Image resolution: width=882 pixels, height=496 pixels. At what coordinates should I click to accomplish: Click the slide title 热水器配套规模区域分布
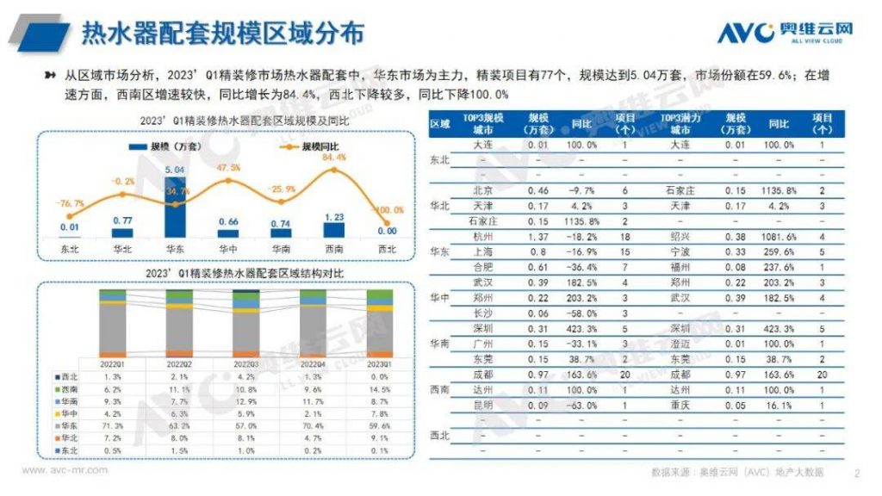pos(222,33)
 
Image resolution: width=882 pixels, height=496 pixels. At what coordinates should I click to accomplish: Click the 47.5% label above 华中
pos(228,168)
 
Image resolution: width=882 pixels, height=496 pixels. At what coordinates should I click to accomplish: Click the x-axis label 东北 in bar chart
pos(70,250)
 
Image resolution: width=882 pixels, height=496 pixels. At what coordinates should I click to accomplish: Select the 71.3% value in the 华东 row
pos(113,425)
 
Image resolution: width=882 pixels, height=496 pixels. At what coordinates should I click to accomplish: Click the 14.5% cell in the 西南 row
pos(379,389)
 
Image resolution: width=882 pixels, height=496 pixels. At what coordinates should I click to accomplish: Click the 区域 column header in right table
pos(439,123)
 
